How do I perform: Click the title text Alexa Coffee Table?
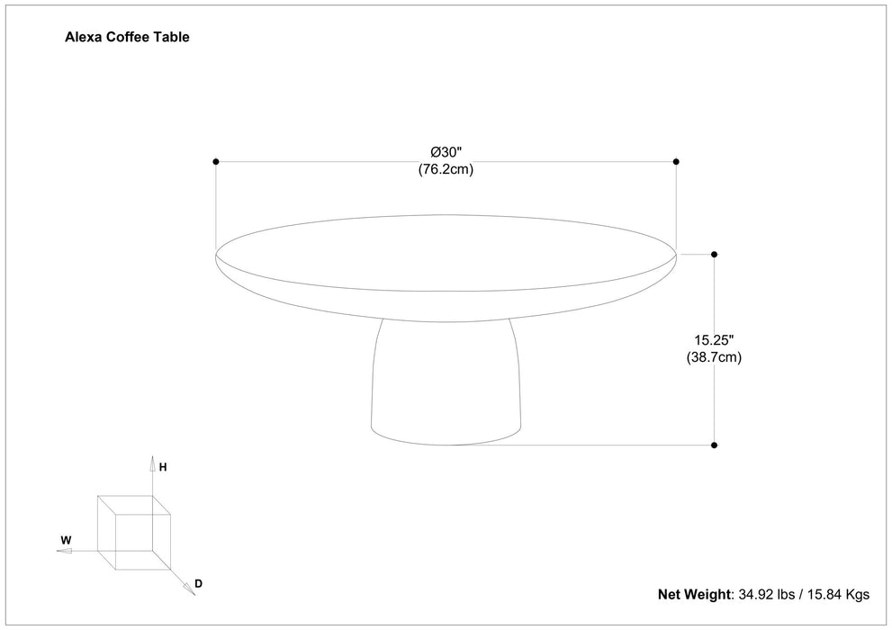[127, 38]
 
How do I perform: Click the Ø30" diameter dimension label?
[446, 151]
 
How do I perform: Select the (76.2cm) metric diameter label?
[446, 169]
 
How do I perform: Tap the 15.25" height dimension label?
[715, 340]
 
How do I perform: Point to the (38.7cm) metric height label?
[715, 357]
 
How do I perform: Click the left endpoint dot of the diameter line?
[216, 162]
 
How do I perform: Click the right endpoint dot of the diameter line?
[676, 162]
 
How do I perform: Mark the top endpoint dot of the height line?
[715, 255]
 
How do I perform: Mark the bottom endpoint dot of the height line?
[715, 445]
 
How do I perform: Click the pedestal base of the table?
[446, 387]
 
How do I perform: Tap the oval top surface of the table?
[446, 254]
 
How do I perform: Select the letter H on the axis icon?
[163, 467]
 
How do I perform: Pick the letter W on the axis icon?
[66, 541]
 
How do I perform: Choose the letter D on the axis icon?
[198, 583]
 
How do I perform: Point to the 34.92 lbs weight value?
[768, 594]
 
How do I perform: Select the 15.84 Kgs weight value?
[839, 594]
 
